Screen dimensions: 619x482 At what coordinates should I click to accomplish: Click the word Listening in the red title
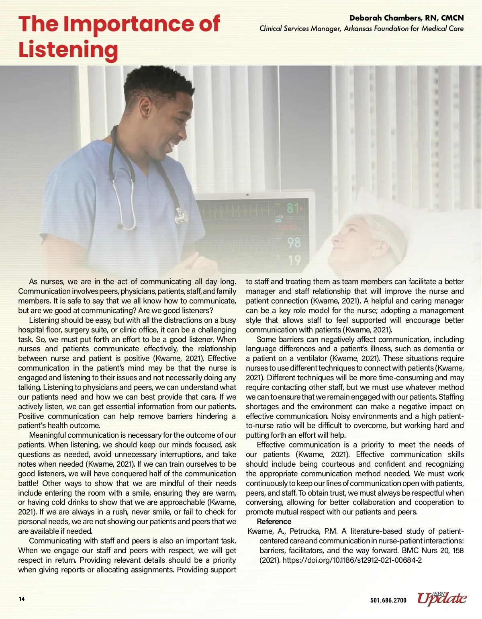(68, 50)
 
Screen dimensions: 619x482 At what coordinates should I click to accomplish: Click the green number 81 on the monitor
(293, 208)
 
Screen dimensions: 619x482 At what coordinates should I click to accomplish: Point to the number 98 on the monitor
(294, 242)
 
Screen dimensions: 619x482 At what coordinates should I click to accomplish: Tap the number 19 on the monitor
(294, 260)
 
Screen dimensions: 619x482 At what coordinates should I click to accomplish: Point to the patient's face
(349, 241)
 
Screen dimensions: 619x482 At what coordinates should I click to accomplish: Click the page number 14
(22, 599)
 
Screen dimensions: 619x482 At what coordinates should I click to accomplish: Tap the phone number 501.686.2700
(388, 600)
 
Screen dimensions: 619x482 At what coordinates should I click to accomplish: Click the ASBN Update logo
(442, 598)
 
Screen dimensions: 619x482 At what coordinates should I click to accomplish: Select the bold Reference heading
(274, 521)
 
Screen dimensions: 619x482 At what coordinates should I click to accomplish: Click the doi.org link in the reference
(352, 560)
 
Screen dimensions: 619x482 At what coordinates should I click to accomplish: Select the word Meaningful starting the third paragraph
(47, 435)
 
